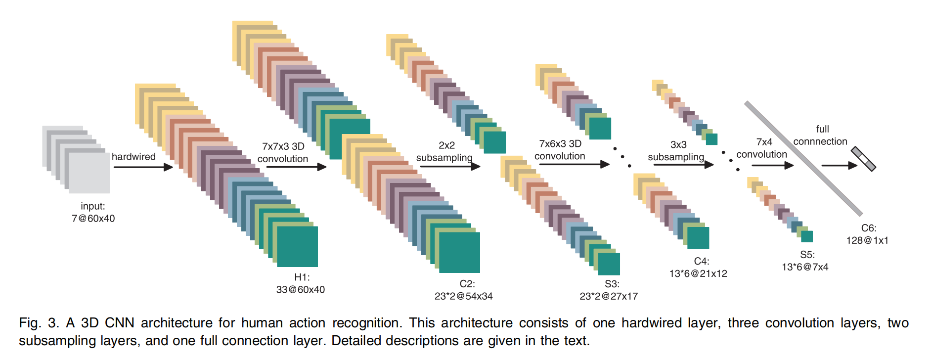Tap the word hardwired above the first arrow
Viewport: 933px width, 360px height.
tap(133, 157)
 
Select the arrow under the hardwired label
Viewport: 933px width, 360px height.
tap(143, 167)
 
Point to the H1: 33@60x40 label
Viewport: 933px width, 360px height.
tap(301, 283)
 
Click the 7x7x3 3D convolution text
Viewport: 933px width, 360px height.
tap(283, 152)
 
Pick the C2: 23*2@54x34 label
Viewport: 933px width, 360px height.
tap(464, 290)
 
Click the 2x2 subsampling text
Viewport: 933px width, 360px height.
tap(444, 151)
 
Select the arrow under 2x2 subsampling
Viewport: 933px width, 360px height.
tap(450, 166)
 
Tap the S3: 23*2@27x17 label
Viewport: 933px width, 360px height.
tap(609, 290)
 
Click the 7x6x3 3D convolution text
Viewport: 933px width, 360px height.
tap(560, 150)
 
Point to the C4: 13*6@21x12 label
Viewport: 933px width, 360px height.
tap(698, 268)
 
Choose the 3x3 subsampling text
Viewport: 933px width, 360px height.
tap(676, 151)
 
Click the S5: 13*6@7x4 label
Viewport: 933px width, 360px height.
tap(805, 261)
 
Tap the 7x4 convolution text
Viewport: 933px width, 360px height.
tap(762, 148)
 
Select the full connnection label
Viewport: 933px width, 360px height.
tap(821, 135)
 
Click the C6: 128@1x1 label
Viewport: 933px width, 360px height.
tap(867, 234)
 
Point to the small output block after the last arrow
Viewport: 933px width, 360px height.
tap(864, 159)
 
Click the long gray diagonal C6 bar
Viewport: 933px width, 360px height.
tap(803, 158)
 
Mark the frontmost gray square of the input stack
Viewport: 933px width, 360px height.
tap(89, 173)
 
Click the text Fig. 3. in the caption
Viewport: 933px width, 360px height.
tap(39, 323)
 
